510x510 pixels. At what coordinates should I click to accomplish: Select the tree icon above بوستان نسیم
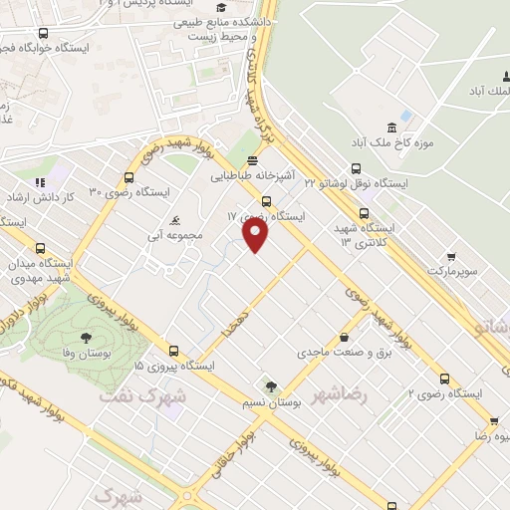[270, 387]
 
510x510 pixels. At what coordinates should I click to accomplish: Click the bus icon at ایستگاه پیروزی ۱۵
[174, 351]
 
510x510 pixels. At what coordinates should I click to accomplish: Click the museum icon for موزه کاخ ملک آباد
[390, 127]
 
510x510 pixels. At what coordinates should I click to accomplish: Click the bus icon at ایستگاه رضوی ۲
[444, 379]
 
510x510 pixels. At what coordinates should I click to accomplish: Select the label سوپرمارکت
[456, 270]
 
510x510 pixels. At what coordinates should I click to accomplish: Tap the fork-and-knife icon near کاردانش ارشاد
[41, 181]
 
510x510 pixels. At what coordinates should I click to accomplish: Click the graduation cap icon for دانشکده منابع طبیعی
[233, 8]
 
